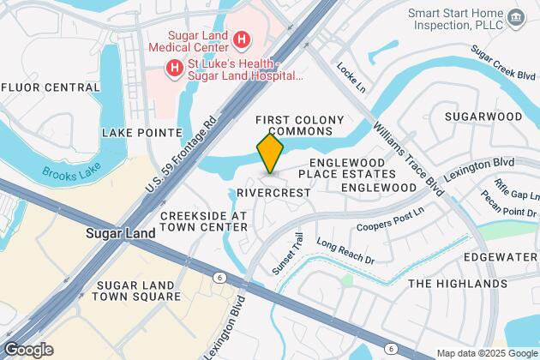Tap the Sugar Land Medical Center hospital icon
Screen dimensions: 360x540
tap(243, 39)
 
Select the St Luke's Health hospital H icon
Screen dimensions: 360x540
tap(176, 67)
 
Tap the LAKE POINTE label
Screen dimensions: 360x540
tap(142, 133)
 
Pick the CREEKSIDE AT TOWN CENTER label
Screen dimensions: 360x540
tap(203, 220)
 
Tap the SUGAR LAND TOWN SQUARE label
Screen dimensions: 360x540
tap(139, 291)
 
